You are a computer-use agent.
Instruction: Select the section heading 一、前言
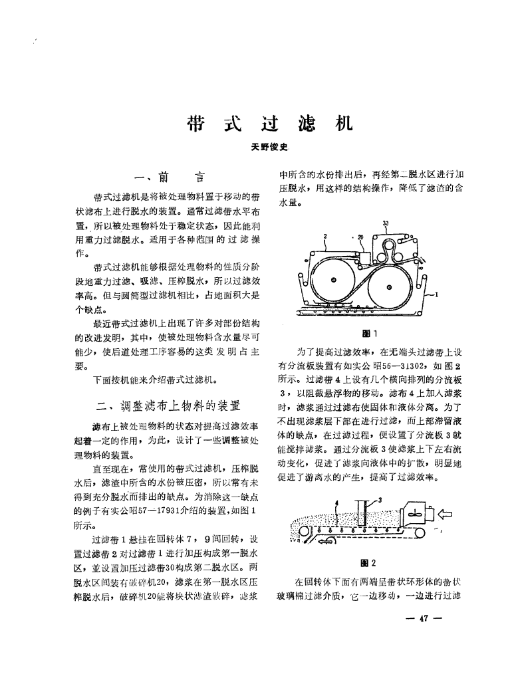(x=170, y=178)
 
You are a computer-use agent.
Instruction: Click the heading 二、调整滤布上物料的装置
(x=169, y=404)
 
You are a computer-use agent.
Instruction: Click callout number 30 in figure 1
(x=386, y=223)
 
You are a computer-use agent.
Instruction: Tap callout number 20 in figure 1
(x=360, y=237)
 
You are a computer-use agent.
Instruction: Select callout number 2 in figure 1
(x=327, y=235)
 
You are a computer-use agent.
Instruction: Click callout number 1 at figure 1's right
(x=438, y=293)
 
